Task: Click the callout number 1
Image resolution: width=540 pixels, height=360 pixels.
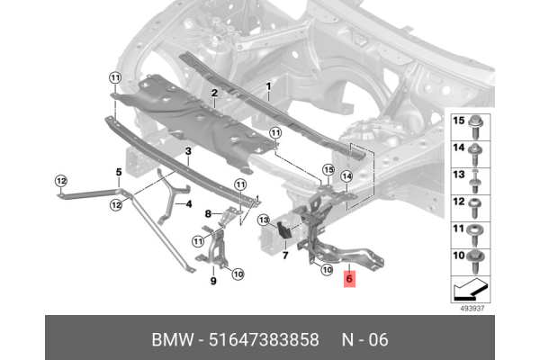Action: click(267, 85)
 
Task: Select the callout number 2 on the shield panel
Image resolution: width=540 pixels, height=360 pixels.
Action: click(214, 93)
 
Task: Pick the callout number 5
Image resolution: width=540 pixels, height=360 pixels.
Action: click(118, 171)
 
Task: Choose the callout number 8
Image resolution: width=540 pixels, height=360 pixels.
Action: click(208, 214)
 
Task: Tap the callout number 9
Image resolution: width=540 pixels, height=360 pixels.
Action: click(213, 281)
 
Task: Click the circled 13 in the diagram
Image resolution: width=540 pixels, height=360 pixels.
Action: click(264, 220)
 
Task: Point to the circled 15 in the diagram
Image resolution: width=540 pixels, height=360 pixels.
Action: click(328, 169)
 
